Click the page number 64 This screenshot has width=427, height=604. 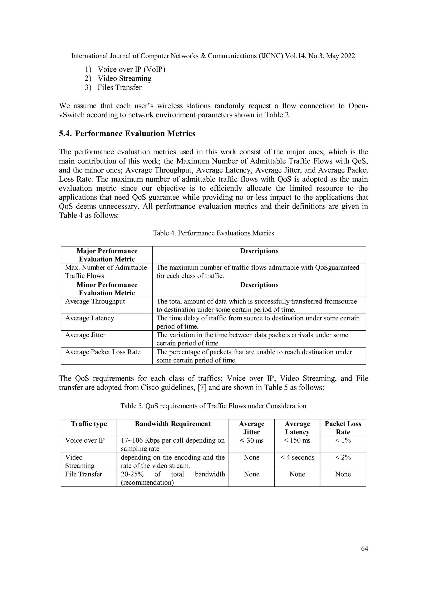coord(364,548)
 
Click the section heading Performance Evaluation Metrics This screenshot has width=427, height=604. coord(127,134)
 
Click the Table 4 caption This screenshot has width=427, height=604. coord(213,233)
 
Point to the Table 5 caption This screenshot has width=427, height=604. coord(213,406)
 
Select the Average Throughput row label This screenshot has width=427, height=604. coord(95,301)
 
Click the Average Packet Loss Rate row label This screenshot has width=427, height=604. coord(103,352)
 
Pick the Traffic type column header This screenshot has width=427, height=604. coord(89,424)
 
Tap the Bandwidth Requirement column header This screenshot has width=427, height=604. coord(172,424)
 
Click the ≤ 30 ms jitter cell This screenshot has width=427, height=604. coord(251,441)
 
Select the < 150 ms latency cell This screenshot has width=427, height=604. coord(297,441)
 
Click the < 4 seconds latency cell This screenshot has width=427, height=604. coord(297,457)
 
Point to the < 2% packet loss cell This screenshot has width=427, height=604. coord(343,457)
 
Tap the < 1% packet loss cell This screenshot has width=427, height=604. coord(343,441)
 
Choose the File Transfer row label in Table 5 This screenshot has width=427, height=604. coord(83,474)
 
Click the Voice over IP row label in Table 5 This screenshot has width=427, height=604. coord(85,441)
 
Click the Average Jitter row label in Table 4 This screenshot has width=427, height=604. coord(85,335)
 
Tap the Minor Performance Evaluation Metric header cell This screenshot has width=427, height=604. coord(107,289)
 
